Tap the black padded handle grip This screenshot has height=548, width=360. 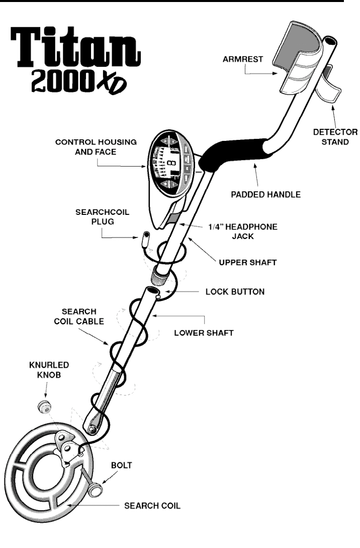point(231,153)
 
